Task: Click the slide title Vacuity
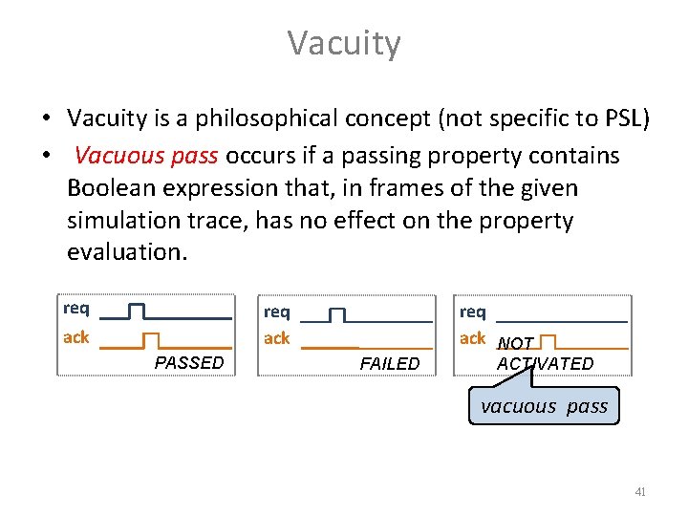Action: click(x=344, y=43)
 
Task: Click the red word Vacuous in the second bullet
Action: click(x=111, y=155)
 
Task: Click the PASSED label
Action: click(x=189, y=363)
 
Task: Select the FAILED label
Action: click(x=390, y=363)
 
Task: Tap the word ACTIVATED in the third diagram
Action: click(x=545, y=363)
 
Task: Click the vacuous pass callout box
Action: click(x=544, y=406)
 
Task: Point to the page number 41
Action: click(x=640, y=492)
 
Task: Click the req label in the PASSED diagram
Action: click(x=76, y=309)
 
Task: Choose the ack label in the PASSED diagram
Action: click(x=76, y=337)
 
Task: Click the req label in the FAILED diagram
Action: click(x=277, y=312)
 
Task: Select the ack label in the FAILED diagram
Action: click(x=277, y=338)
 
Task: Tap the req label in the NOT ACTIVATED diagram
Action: click(x=473, y=312)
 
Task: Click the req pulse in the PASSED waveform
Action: click(x=136, y=311)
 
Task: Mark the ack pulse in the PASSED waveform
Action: click(x=151, y=339)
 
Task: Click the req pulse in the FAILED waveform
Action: click(x=336, y=313)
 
